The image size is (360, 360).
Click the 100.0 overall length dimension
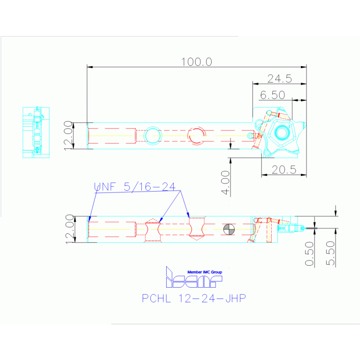[x=197, y=61]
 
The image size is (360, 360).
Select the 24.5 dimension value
[x=280, y=78]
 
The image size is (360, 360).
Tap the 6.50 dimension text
[x=272, y=95]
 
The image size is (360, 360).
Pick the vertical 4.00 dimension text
[x=226, y=183]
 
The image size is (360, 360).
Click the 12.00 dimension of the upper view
[x=69, y=135]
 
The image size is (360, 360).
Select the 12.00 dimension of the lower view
[x=69, y=229]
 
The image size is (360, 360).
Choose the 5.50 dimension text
[x=331, y=254]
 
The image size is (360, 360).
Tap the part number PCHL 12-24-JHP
[x=193, y=298]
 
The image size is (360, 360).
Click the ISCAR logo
[x=193, y=280]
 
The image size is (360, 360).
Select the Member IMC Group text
[x=205, y=272]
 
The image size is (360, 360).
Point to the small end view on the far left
[x=36, y=132]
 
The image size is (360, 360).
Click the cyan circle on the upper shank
[x=153, y=135]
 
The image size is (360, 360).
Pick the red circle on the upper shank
[x=196, y=135]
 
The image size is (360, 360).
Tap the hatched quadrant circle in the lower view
[x=229, y=229]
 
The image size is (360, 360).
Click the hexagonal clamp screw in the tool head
[x=281, y=133]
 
